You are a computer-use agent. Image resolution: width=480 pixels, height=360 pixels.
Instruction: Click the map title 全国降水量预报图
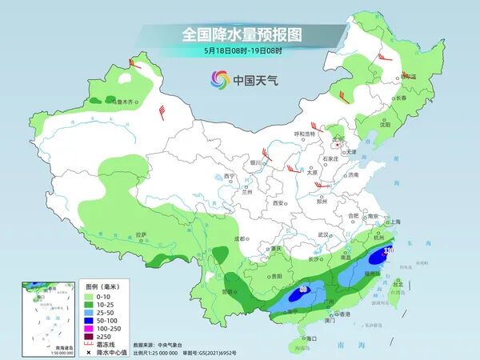click(x=240, y=35)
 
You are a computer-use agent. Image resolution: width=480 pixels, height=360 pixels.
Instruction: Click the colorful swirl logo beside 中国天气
click(x=220, y=79)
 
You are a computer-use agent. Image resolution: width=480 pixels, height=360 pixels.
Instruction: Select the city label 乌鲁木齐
click(x=126, y=102)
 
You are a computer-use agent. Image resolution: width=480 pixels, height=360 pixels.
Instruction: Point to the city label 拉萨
click(x=142, y=234)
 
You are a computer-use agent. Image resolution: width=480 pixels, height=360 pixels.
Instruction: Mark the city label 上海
click(x=393, y=222)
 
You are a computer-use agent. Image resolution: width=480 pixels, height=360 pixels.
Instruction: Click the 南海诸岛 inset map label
click(x=36, y=346)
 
